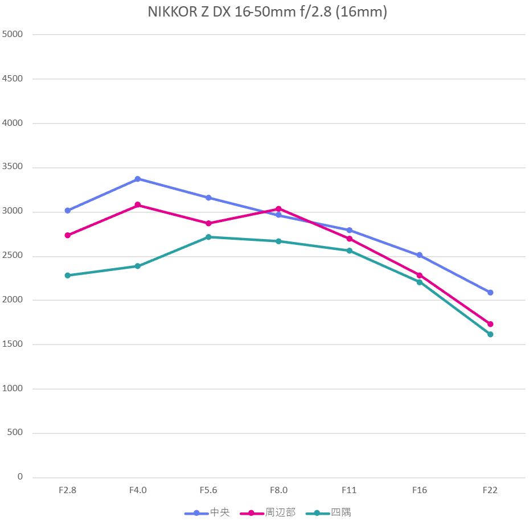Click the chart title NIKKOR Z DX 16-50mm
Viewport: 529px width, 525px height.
click(267, 13)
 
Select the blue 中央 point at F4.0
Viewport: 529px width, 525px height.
click(138, 179)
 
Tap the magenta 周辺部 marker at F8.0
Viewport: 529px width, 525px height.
click(278, 209)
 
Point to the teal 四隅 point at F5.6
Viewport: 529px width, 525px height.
click(208, 237)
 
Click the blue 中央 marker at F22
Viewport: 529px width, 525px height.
click(490, 293)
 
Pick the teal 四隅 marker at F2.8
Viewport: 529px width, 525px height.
click(67, 276)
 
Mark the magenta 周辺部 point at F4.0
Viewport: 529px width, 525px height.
click(138, 205)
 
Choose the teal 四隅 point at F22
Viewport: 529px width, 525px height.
click(490, 334)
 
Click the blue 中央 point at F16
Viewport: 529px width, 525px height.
click(420, 255)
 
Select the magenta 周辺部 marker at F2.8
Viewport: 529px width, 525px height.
click(67, 235)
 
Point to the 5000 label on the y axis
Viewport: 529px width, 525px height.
click(13, 34)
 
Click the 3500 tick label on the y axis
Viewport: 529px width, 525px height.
click(13, 167)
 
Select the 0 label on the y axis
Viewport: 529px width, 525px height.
click(20, 477)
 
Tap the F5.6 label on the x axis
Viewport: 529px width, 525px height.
click(208, 490)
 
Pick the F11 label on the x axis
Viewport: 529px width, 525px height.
click(349, 490)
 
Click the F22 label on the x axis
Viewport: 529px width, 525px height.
click(490, 490)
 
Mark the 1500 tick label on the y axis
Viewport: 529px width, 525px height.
click(13, 344)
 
